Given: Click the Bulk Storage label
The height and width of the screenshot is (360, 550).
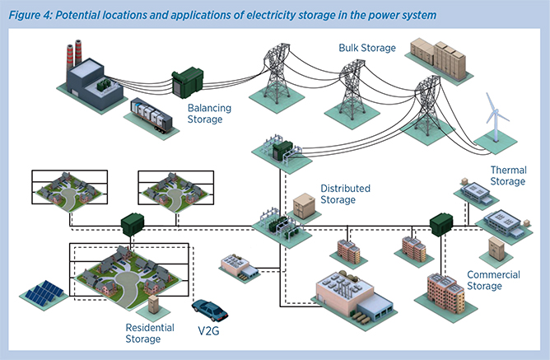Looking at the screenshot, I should pos(367,49).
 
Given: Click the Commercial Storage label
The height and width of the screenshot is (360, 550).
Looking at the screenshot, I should pos(493,280).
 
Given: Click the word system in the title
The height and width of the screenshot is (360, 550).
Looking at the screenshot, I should pos(417,15).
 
